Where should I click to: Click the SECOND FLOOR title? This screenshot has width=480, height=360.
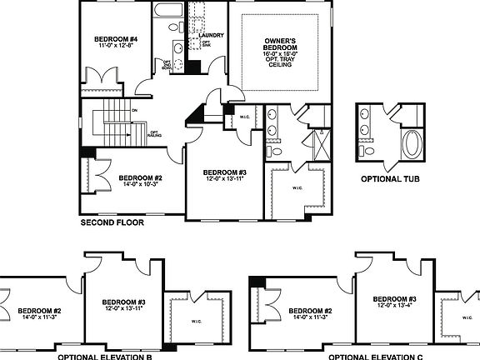click(112, 223)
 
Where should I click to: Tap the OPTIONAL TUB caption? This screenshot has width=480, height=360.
click(389, 178)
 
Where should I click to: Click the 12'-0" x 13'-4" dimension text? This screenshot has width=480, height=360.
click(395, 307)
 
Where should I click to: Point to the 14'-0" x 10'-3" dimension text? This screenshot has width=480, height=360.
click(138, 185)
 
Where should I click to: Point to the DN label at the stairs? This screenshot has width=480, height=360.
click(133, 109)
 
